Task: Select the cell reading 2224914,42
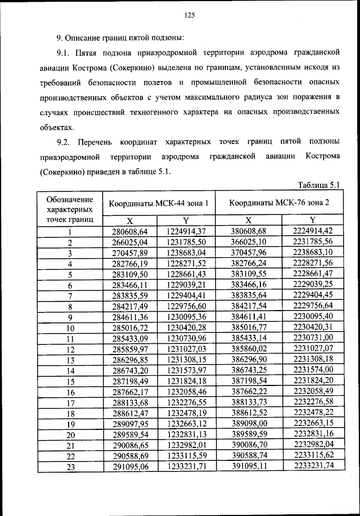click(x=313, y=231)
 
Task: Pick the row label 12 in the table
click(x=70, y=349)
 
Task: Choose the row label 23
click(x=70, y=466)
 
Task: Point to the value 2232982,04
click(x=313, y=445)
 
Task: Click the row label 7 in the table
click(x=70, y=295)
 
